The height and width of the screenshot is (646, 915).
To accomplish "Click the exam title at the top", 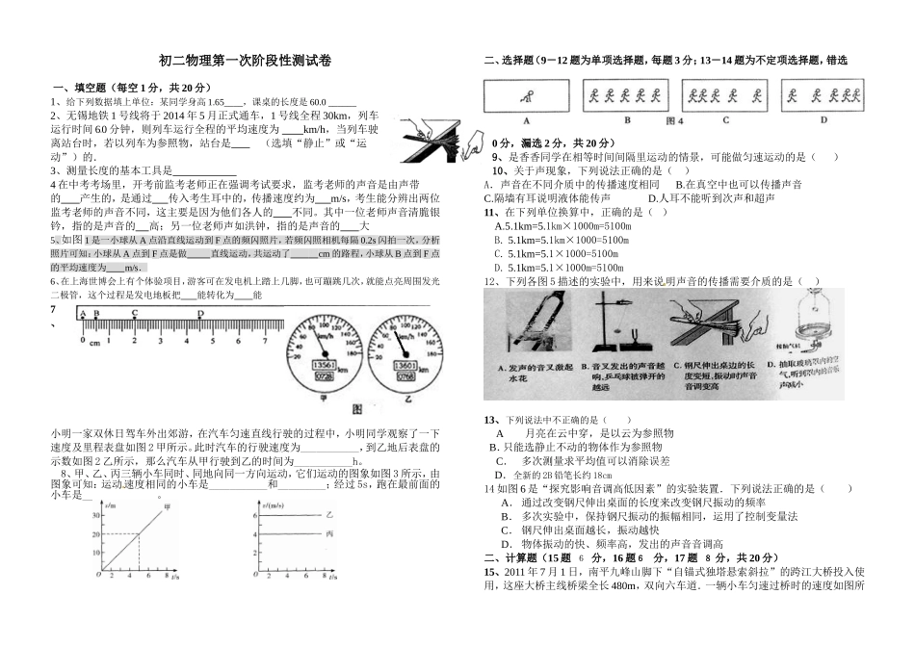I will point(244,61).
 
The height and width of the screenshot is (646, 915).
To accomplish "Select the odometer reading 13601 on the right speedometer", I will point(405,367).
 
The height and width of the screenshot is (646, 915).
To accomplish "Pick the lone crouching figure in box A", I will point(525,95).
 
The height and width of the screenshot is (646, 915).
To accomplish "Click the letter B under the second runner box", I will point(626,121).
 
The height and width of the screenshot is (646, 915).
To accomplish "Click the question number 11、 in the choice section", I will point(491,212).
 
